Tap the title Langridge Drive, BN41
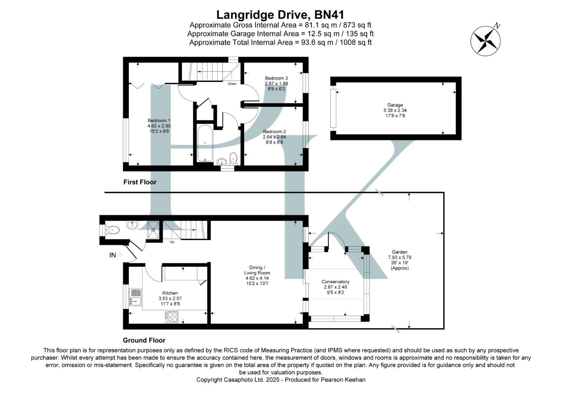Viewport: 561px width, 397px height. (280, 15)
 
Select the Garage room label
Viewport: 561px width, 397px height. (395, 105)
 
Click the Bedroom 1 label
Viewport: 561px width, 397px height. (159, 121)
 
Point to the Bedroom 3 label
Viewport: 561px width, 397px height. (276, 78)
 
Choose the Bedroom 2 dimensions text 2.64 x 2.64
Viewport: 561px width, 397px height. (274, 137)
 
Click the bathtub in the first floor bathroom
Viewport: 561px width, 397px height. (205, 143)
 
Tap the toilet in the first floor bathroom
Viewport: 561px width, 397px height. (233, 159)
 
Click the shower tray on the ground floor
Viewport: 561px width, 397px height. (153, 230)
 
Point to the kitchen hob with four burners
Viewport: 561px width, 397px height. (172, 317)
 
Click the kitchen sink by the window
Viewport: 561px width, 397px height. (135, 297)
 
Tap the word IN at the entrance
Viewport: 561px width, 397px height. (113, 255)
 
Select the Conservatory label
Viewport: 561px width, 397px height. (335, 282)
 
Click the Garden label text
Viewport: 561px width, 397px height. (399, 252)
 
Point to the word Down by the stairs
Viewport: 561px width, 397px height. (232, 84)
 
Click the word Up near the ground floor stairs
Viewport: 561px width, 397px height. (172, 242)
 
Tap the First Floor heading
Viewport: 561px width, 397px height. (140, 182)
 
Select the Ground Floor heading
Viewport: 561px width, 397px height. (144, 340)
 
